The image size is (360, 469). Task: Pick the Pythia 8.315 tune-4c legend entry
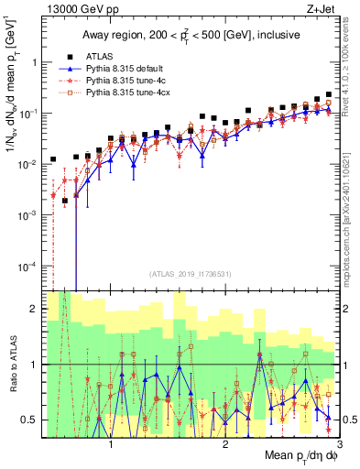click(125, 81)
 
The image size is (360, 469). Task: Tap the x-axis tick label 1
click(111, 446)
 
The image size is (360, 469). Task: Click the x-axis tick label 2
click(225, 446)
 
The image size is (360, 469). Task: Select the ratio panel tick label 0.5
click(29, 420)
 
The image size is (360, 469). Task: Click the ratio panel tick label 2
click(34, 309)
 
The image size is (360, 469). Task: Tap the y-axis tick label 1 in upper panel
click(34, 62)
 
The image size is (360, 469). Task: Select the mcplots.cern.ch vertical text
click(350, 211)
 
